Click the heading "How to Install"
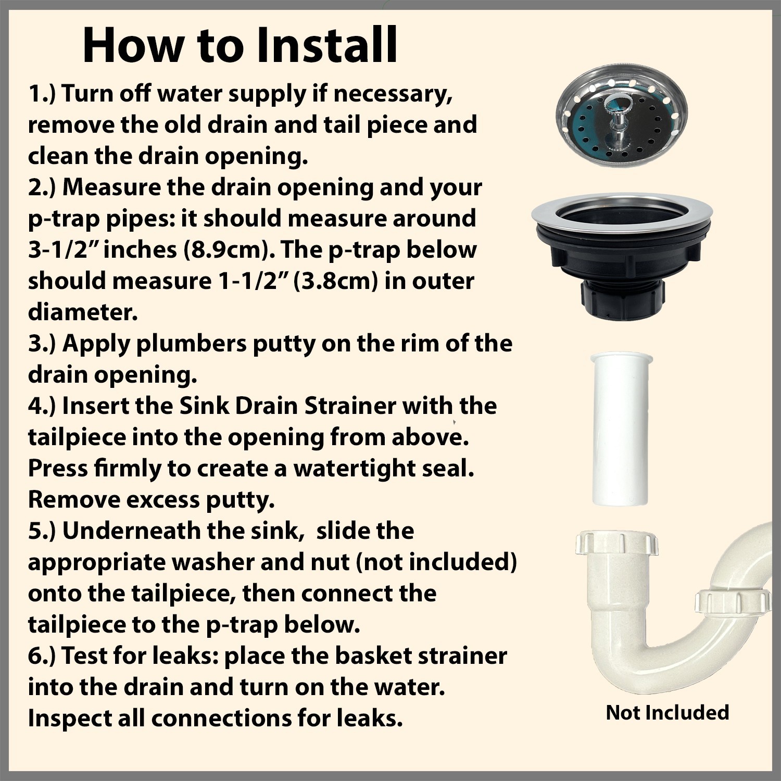240,45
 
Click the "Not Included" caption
667,712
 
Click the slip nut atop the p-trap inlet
616,543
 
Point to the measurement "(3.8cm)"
336,282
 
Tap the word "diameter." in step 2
83,312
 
